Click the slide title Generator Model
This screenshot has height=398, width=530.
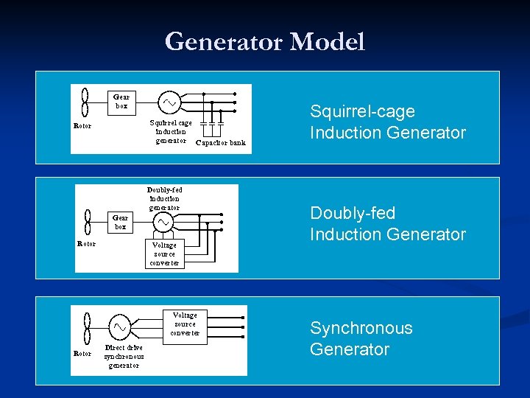point(265,42)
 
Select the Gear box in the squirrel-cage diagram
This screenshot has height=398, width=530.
point(121,101)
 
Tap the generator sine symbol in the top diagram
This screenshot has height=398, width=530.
point(170,101)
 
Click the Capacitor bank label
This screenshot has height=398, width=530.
point(221,143)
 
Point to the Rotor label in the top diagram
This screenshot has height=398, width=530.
point(83,125)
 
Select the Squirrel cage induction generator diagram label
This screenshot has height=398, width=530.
point(171,132)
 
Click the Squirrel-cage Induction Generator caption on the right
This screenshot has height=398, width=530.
point(387,122)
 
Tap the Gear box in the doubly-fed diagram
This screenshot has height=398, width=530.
point(120,222)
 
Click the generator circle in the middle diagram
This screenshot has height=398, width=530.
point(164,222)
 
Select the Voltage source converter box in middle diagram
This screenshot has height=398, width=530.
point(165,254)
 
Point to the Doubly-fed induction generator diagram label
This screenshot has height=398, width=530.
point(164,198)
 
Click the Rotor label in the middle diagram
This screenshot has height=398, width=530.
point(87,244)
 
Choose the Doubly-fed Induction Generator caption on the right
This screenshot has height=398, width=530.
point(387,224)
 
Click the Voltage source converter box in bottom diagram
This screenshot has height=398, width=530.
point(185,324)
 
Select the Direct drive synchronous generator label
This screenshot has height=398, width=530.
point(124,356)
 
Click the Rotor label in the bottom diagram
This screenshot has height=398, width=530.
point(83,354)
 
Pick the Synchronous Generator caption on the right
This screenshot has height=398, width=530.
point(361,339)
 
